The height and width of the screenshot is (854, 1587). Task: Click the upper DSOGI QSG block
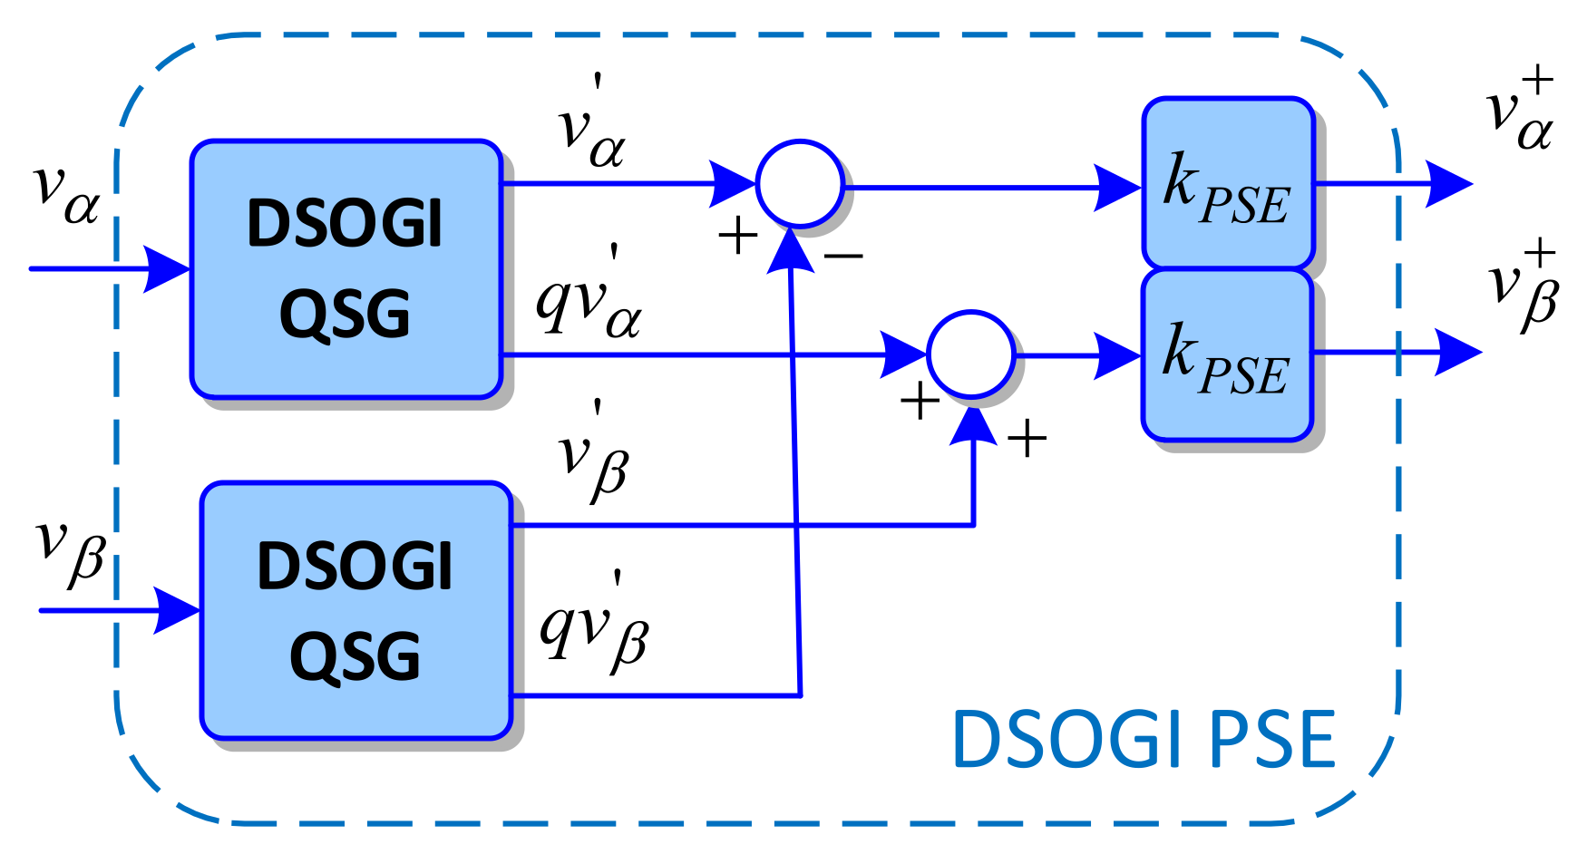(346, 269)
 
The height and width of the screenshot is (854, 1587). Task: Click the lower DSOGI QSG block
(355, 610)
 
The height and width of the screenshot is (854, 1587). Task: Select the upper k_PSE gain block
(1228, 183)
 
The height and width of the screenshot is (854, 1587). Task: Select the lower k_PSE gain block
(1227, 355)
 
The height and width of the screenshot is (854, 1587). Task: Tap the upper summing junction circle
(800, 184)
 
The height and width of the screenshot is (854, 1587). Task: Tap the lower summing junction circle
(970, 354)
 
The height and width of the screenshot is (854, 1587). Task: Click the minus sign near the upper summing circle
(843, 257)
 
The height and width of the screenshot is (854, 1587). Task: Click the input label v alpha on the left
(65, 192)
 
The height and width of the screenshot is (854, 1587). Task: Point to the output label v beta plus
(1524, 286)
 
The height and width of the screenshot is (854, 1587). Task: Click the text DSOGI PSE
(1144, 740)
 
